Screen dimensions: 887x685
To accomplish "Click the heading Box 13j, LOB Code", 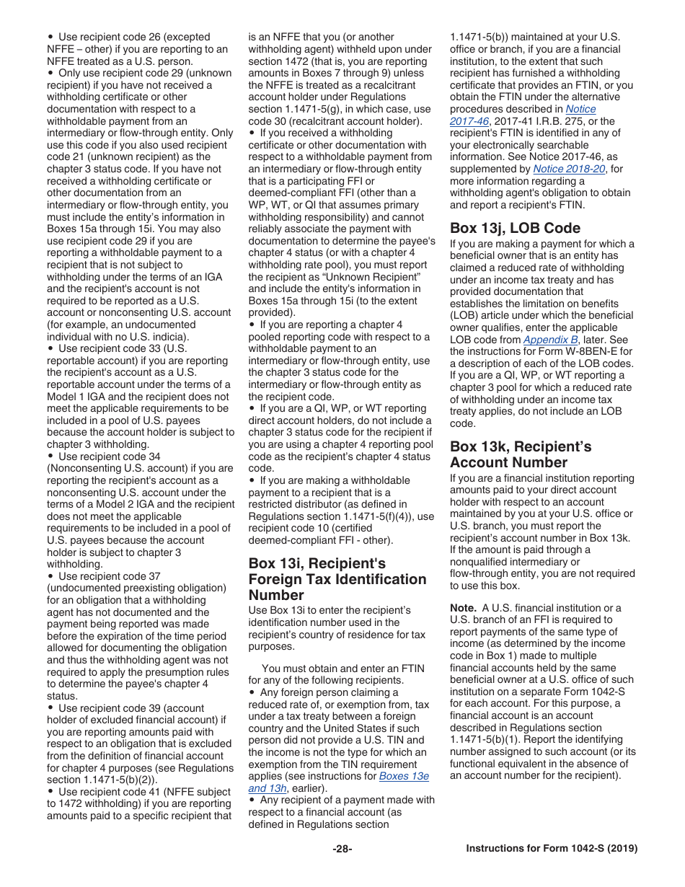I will pyautogui.click(x=515, y=228).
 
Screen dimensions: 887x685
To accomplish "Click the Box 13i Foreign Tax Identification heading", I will pyautogui.click(x=337, y=579).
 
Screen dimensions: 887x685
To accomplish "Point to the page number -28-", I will pyautogui.click(x=342, y=849).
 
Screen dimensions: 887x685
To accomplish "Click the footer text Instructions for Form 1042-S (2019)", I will pyautogui.click(x=552, y=849).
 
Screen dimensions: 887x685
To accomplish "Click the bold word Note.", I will pyautogui.click(x=463, y=607).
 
